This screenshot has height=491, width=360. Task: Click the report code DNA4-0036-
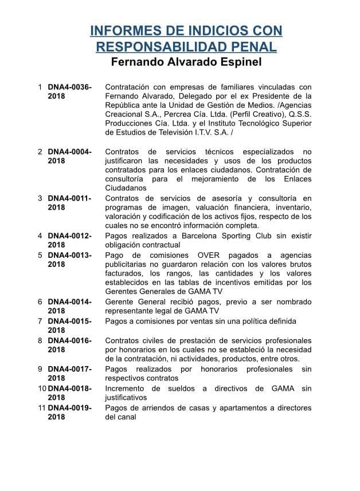69,87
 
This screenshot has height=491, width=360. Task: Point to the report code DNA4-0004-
69,152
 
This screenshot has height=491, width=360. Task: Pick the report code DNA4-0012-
69,235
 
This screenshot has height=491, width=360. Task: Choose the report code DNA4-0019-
69,408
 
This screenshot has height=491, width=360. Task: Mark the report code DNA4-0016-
69,340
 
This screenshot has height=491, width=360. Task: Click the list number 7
40,321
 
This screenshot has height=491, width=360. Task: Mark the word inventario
292,207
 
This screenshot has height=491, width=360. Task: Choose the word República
126,105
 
